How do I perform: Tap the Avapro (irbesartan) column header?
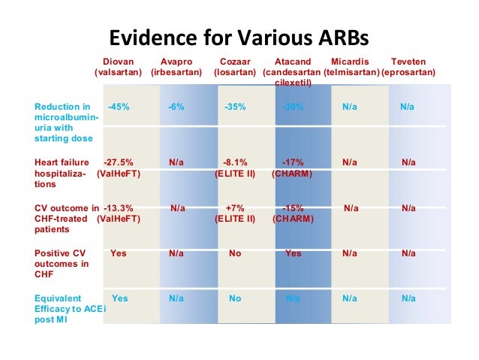(176, 67)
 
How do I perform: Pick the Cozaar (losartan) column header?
(235, 67)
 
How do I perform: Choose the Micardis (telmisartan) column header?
(351, 67)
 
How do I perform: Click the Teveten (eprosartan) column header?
(408, 67)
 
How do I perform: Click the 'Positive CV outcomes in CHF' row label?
(62, 264)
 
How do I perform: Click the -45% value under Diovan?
(119, 107)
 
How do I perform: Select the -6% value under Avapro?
(176, 107)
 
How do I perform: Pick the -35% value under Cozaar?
(235, 107)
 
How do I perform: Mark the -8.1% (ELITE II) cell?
(235, 168)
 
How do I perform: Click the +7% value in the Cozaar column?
(235, 208)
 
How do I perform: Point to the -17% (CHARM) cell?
(293, 168)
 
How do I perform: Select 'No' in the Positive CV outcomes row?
(235, 253)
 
